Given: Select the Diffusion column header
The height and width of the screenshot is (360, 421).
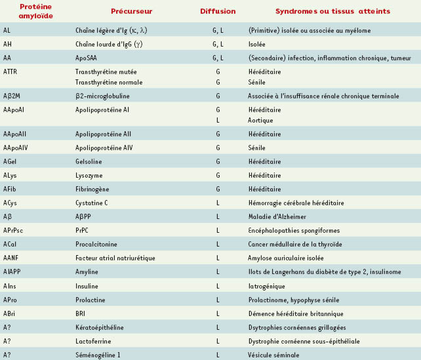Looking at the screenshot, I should coord(218,11).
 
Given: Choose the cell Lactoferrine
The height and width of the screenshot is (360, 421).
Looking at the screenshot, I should coord(94,341).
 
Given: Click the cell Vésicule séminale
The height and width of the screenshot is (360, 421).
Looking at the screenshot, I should coord(274,355).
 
